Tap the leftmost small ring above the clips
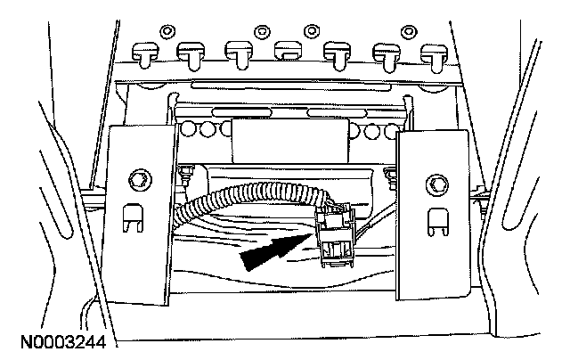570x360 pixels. point(166,33)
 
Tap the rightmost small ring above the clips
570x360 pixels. point(410,33)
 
